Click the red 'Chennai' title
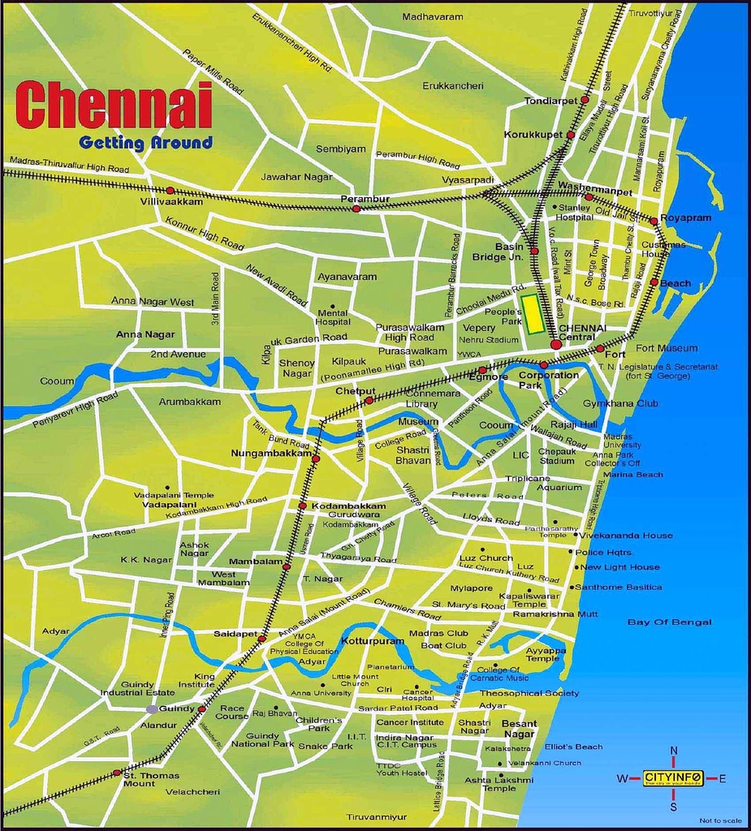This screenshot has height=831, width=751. (x=114, y=105)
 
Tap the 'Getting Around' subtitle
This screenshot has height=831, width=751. (x=145, y=144)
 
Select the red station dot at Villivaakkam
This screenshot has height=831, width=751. (x=170, y=191)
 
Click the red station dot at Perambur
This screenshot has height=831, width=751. (x=356, y=209)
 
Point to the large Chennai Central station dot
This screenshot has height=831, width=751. (x=555, y=345)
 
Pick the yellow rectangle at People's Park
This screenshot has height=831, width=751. (x=533, y=314)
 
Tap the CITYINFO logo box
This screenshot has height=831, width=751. (x=673, y=778)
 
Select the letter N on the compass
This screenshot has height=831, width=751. (x=673, y=751)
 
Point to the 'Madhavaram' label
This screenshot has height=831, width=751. (x=433, y=17)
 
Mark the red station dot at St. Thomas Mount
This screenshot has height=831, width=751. (x=117, y=773)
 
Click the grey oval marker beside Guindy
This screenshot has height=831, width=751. (x=152, y=709)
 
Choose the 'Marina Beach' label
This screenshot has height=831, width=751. (x=633, y=475)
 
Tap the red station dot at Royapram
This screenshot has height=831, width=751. (x=653, y=221)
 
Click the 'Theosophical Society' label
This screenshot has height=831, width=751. (x=529, y=693)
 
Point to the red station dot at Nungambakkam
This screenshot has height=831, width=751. (x=316, y=459)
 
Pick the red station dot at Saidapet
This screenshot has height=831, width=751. (x=261, y=639)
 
